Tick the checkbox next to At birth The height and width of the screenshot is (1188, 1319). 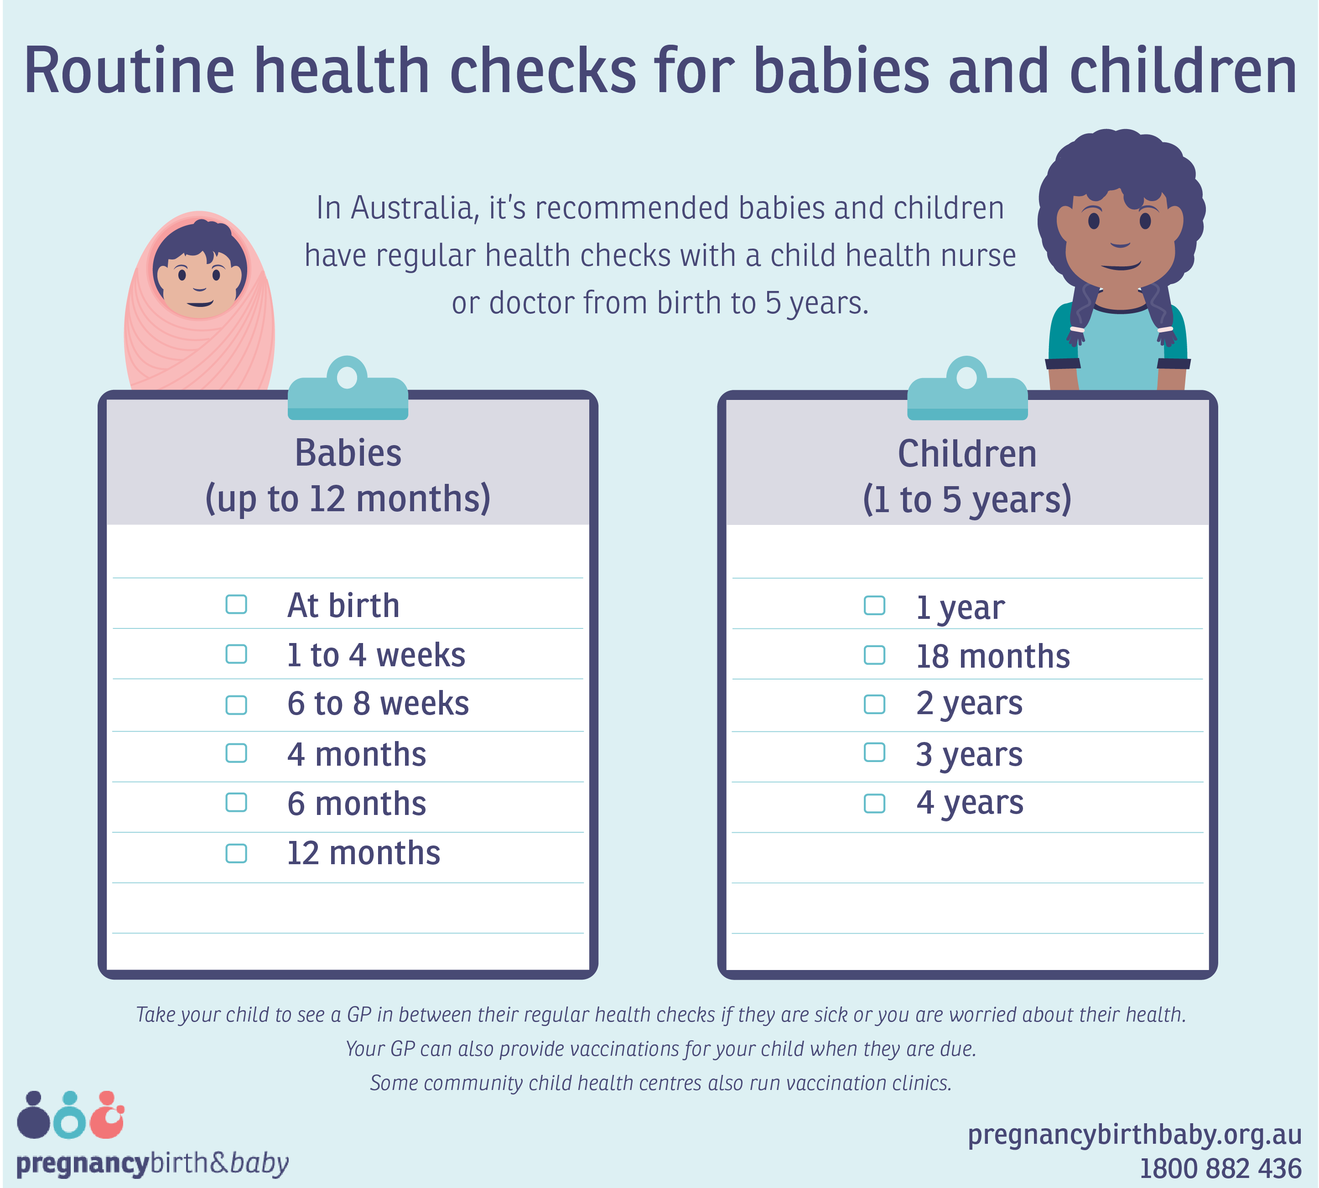click(x=236, y=604)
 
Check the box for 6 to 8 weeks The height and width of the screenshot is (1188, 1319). click(x=236, y=705)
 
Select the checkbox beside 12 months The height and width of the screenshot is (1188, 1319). click(x=236, y=853)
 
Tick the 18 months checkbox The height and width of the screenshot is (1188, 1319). click(x=875, y=655)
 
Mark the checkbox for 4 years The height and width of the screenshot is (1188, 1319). click(x=875, y=803)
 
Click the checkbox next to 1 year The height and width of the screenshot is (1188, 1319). click(x=875, y=605)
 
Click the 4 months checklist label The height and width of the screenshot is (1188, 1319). click(x=356, y=755)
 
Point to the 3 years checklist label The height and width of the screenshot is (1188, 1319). click(x=969, y=755)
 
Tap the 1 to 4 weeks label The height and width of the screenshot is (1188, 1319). click(x=376, y=655)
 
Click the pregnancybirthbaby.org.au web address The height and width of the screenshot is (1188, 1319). click(x=1134, y=1135)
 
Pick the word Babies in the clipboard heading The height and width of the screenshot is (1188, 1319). click(x=348, y=452)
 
